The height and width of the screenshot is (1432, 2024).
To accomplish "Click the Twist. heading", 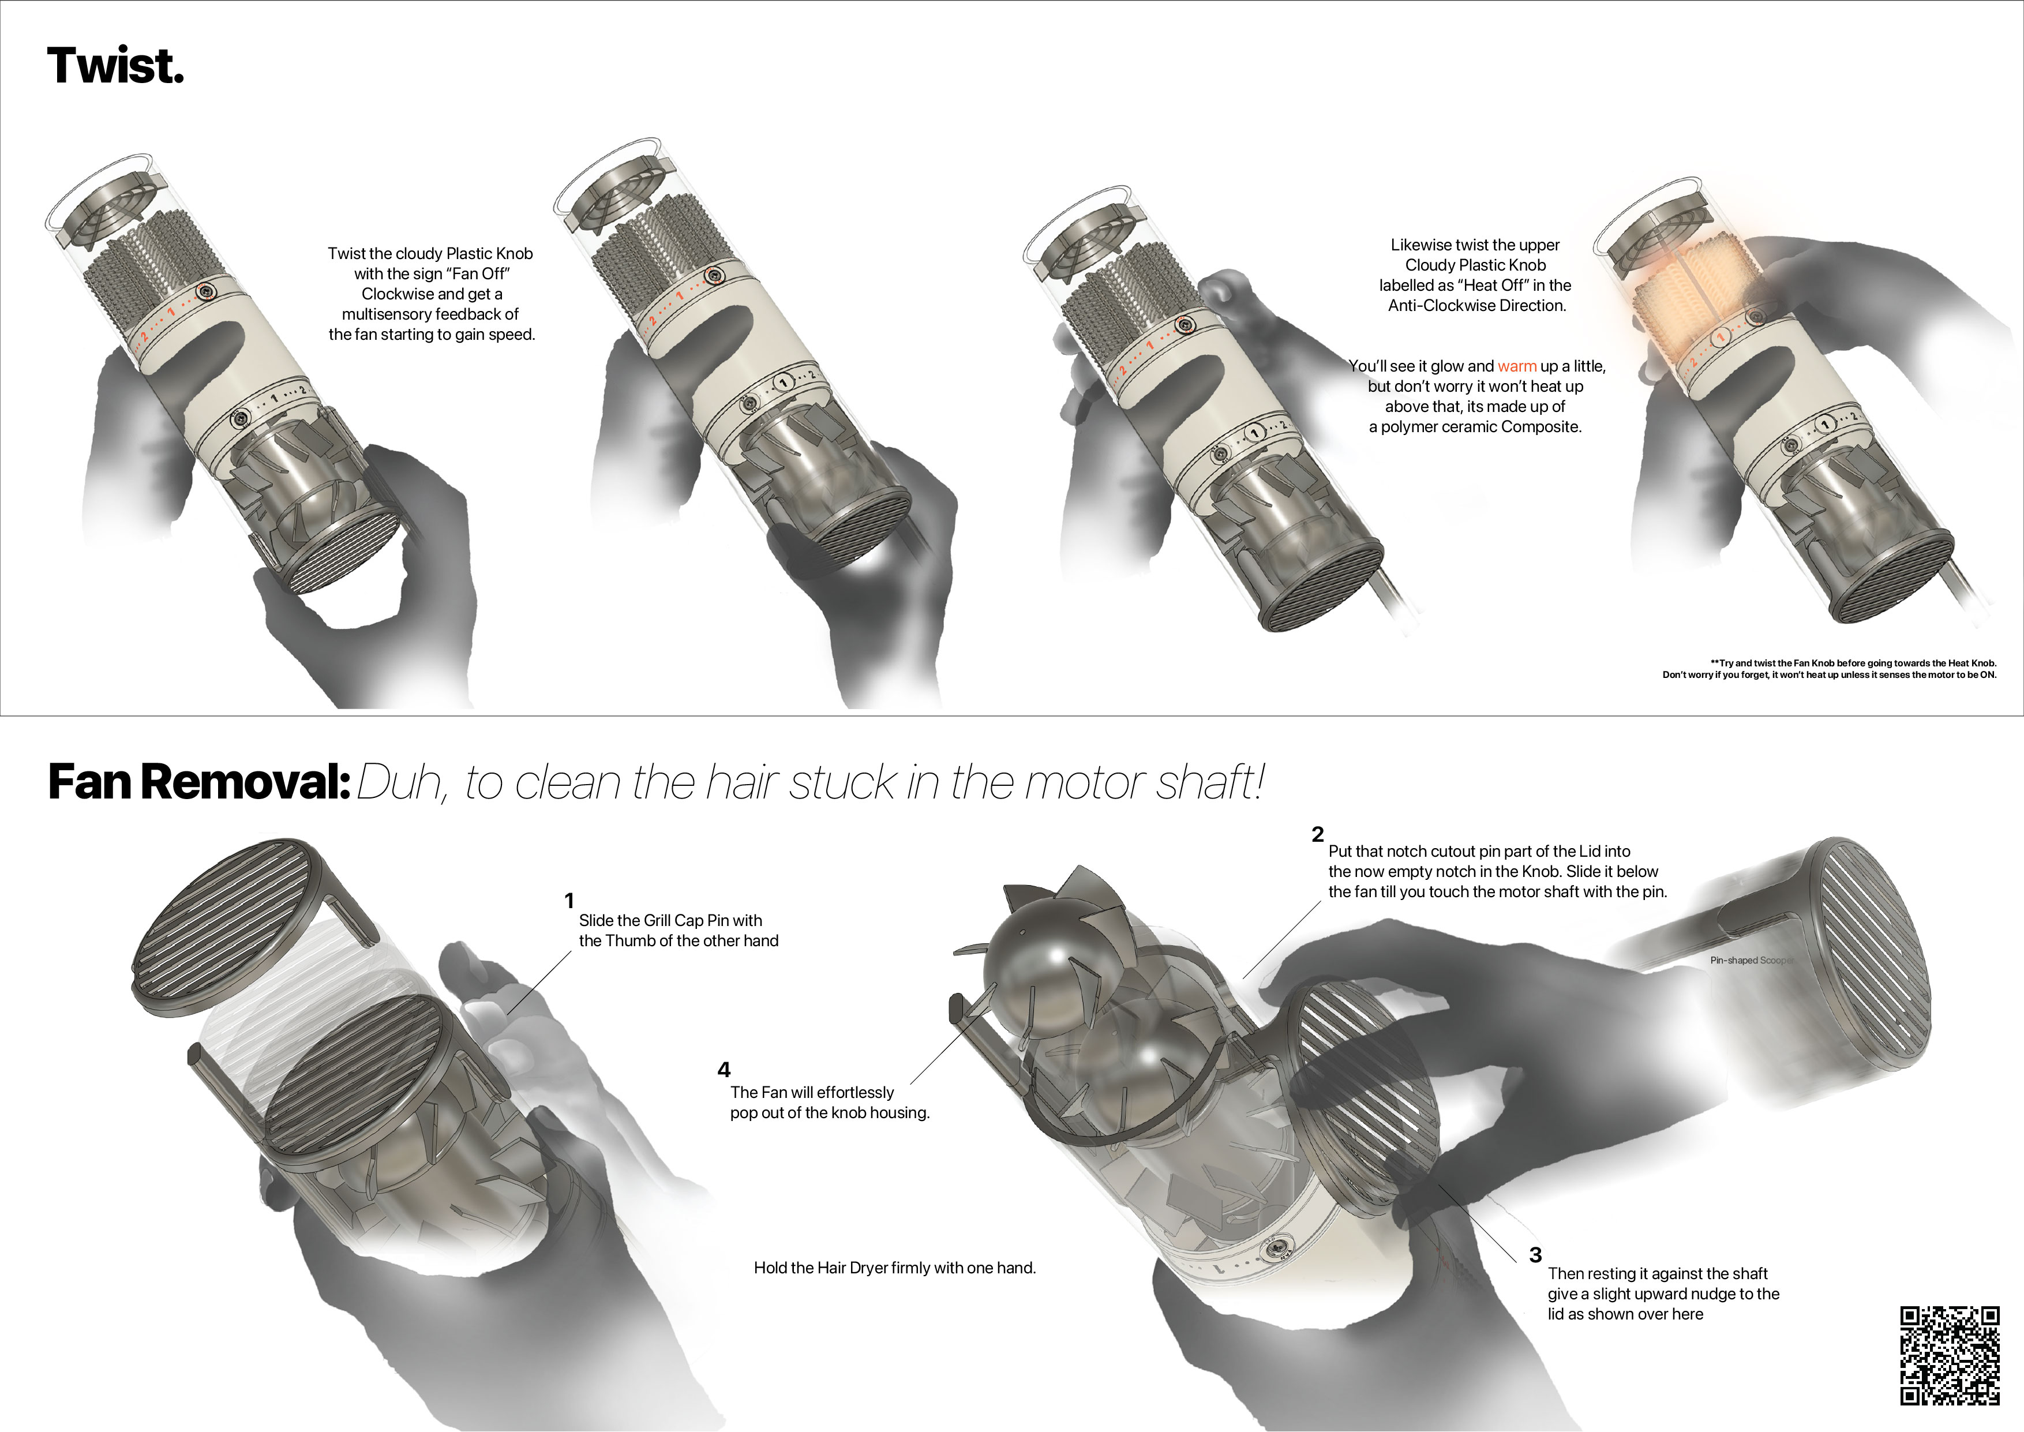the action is [x=115, y=66].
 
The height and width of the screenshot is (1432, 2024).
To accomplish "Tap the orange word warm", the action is [x=1516, y=366].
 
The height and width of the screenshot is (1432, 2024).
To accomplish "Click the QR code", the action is [x=1949, y=1355].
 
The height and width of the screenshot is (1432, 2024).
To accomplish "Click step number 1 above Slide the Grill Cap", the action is [x=569, y=900].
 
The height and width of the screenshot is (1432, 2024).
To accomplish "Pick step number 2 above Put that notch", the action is [x=1318, y=834].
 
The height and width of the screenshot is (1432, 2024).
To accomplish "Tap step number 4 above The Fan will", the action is [x=724, y=1070].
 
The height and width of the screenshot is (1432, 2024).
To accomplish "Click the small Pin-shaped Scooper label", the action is [x=1751, y=960].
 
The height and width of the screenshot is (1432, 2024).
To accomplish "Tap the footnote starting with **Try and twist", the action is [x=1829, y=668].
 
